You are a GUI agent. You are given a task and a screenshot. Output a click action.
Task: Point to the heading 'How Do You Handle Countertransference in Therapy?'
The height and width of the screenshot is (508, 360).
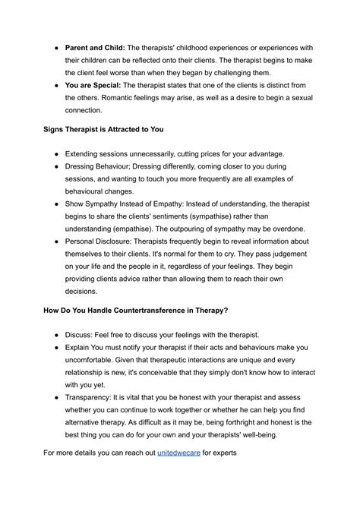pyautogui.click(x=146, y=312)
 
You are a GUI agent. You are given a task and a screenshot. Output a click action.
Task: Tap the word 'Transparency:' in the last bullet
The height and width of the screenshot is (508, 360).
pyautogui.click(x=93, y=393)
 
